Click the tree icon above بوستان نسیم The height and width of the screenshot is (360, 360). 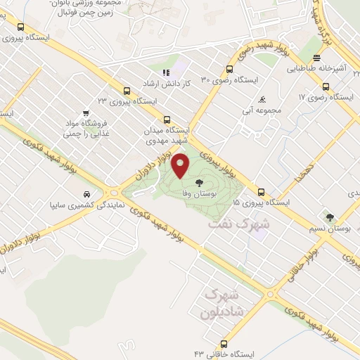pyautogui.click(x=330, y=217)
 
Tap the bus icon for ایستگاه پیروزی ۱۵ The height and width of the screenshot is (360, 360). pyautogui.click(x=261, y=192)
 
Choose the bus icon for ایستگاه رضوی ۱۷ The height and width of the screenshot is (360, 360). pyautogui.click(x=325, y=86)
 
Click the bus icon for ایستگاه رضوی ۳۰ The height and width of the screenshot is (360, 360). pyautogui.click(x=229, y=69)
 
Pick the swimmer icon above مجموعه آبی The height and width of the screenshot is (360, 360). pyautogui.click(x=262, y=100)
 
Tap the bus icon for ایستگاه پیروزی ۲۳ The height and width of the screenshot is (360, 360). pyautogui.click(x=127, y=91)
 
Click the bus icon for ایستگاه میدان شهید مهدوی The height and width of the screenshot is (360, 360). pyautogui.click(x=167, y=120)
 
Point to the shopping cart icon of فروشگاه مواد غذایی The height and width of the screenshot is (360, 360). pyautogui.click(x=86, y=112)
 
